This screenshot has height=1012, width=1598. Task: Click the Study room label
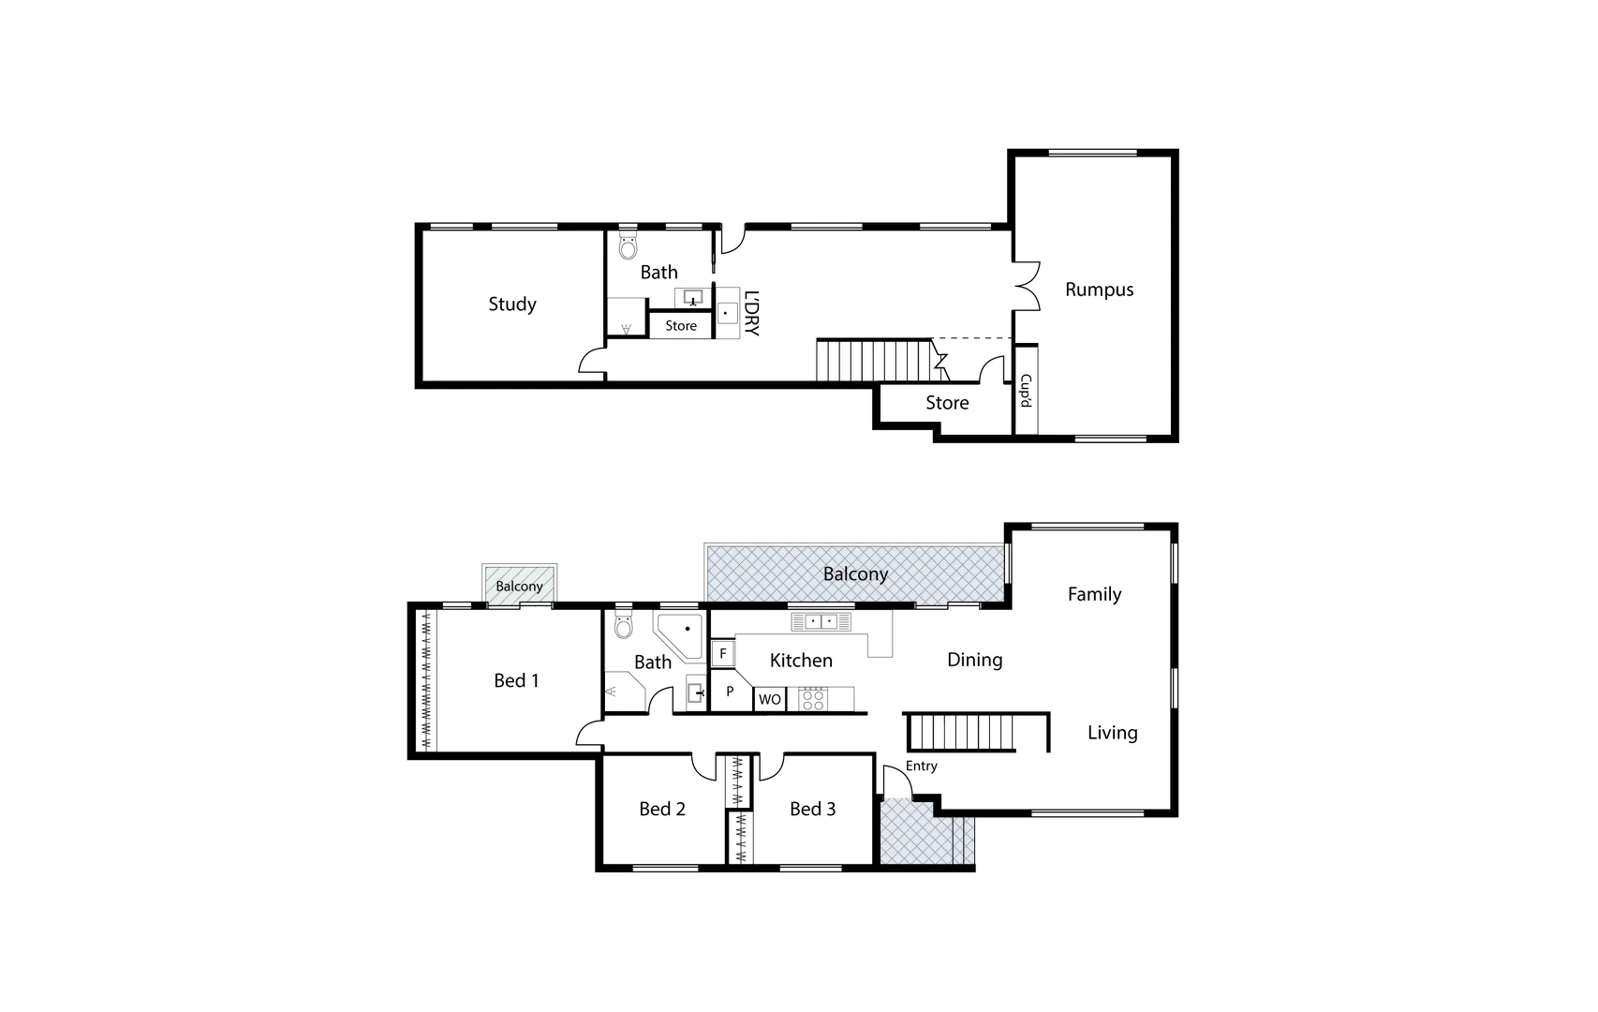point(511,304)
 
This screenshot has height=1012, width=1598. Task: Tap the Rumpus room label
point(1099,290)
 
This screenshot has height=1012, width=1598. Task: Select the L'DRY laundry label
point(751,313)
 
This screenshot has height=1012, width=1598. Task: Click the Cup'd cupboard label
point(1026,391)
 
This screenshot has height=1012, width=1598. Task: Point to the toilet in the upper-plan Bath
point(629,247)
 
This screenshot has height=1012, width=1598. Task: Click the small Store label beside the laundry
point(681,326)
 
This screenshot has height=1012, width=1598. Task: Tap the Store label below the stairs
point(947,403)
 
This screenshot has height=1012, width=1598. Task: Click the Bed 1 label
point(516,680)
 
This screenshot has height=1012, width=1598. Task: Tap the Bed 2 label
point(662,809)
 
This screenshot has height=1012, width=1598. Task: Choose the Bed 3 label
point(812,809)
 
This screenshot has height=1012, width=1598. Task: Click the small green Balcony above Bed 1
point(519,586)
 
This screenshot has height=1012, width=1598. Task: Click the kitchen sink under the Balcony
point(821,621)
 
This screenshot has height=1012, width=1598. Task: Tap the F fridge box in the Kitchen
point(722,653)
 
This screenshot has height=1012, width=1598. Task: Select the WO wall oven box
point(770,699)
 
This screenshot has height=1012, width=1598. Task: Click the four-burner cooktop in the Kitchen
point(812,699)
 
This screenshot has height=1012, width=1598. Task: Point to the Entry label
point(922,766)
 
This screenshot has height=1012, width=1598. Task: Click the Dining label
point(974,660)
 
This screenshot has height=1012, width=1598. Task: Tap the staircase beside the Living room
point(962,732)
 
